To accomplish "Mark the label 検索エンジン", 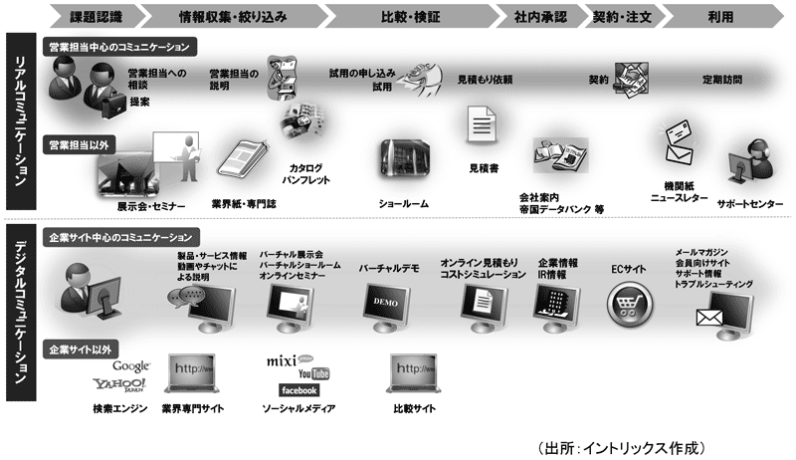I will (118, 408).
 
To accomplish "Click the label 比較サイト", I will (416, 408).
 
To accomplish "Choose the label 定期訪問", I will (722, 81).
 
